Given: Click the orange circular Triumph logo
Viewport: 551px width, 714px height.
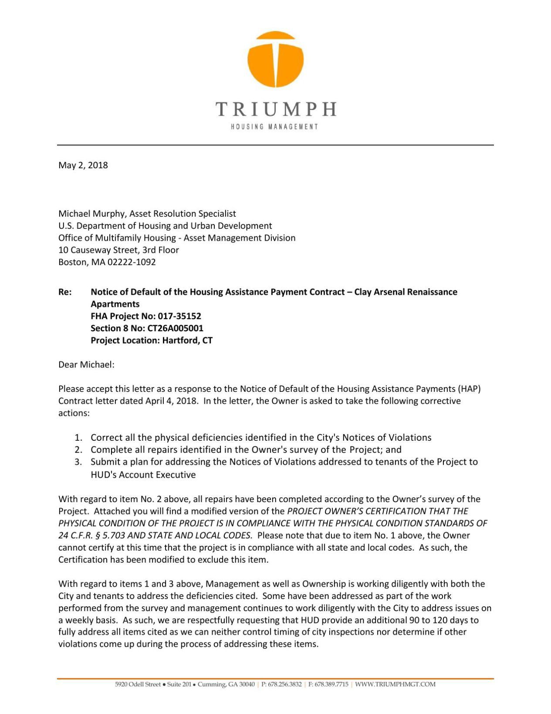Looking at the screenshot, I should (x=275, y=59).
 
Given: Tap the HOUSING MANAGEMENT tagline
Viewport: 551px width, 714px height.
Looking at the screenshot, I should (x=274, y=127).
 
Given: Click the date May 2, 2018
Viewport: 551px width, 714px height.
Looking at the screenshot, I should (x=83, y=165).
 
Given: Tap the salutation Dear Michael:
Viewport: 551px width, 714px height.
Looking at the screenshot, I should (x=86, y=364).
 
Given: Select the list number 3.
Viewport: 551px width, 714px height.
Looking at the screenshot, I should (x=78, y=462).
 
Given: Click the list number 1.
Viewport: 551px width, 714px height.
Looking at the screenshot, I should (x=78, y=438).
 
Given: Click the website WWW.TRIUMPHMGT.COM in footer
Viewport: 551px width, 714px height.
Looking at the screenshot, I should (x=395, y=684).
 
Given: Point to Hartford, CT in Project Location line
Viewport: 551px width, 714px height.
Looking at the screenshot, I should (x=187, y=340).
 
